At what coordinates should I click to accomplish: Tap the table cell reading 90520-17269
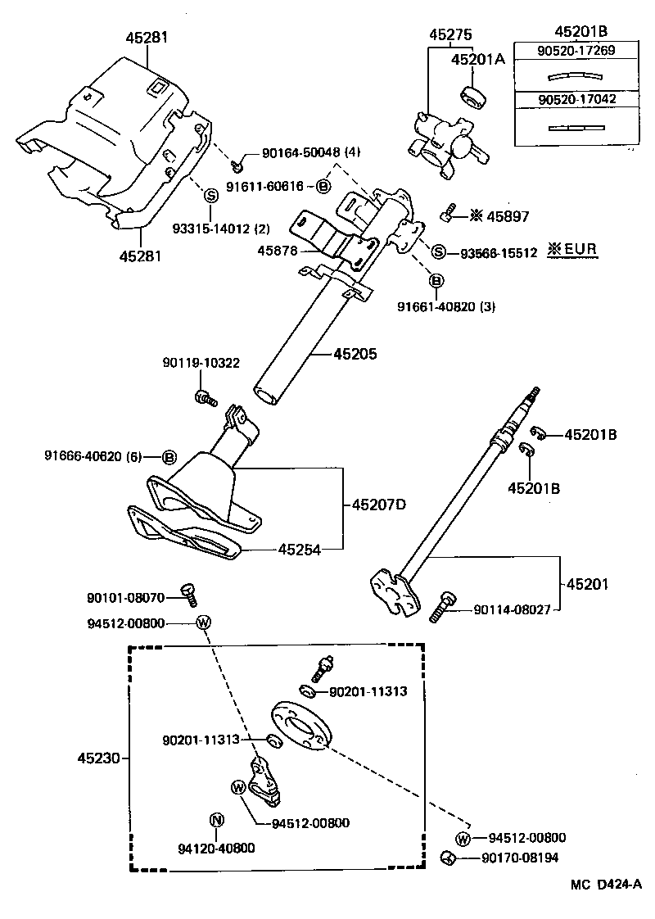click(x=576, y=51)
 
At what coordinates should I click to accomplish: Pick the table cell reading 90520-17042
click(x=576, y=99)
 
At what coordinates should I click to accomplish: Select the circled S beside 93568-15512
click(x=439, y=252)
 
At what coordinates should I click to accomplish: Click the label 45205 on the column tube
click(x=355, y=355)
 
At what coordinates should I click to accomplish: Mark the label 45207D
click(x=379, y=505)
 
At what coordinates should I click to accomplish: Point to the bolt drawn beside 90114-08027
click(x=442, y=605)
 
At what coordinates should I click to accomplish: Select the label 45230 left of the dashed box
click(x=99, y=759)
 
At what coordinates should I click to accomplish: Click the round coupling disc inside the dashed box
click(x=300, y=723)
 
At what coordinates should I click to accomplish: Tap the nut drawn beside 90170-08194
click(x=448, y=858)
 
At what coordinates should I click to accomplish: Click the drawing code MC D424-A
click(x=606, y=885)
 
